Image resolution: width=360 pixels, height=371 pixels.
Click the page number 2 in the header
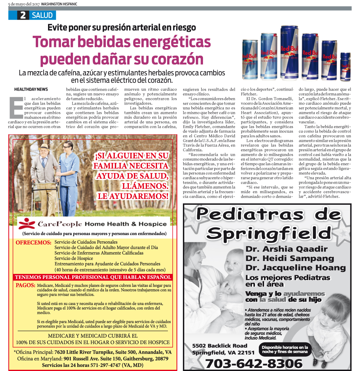click(x=23, y=15)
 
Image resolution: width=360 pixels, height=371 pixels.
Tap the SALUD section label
click(x=42, y=15)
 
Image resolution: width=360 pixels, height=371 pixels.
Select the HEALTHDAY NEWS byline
click(x=31, y=89)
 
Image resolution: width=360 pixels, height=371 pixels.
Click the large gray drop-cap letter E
click(x=15, y=107)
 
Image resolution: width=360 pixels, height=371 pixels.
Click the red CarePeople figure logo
click(x=26, y=224)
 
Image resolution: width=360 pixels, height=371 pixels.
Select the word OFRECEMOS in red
click(x=33, y=243)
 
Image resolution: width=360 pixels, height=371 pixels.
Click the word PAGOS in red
click(x=25, y=285)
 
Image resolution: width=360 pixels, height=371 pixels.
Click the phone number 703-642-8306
click(x=254, y=363)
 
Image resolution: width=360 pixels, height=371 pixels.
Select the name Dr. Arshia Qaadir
click(x=286, y=249)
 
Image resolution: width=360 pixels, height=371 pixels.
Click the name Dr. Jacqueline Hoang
click(x=295, y=268)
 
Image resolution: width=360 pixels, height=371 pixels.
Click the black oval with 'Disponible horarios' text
click(x=285, y=350)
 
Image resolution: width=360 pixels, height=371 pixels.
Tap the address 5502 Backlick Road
click(x=220, y=345)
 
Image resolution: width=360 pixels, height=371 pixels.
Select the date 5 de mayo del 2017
click(x=24, y=4)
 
